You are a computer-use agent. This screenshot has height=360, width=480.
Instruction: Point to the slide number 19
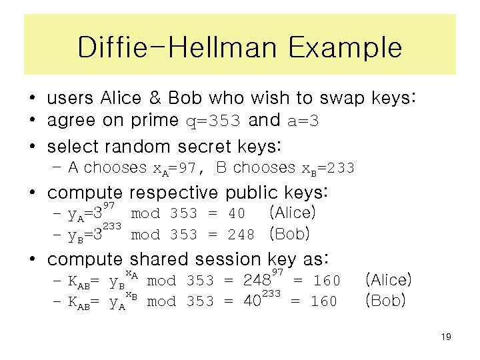point(446,337)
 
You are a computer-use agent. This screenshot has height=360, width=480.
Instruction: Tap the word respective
point(173,193)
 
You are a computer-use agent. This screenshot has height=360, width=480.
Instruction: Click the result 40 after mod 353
point(237,214)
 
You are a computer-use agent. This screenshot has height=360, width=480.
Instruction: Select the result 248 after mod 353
point(241,235)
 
